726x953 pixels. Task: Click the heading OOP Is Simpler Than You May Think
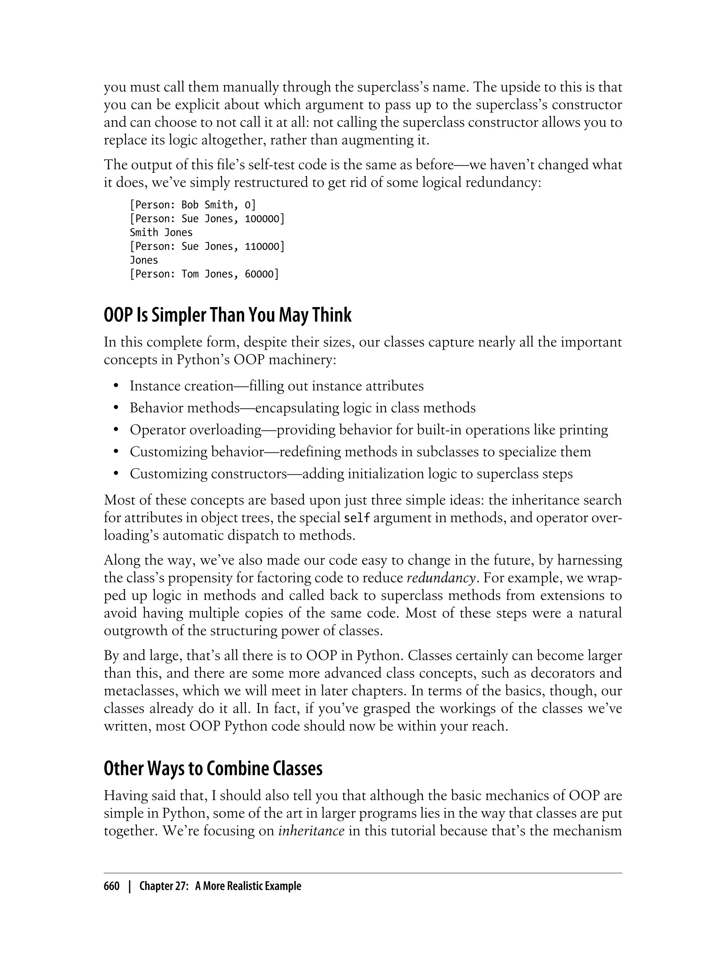click(227, 316)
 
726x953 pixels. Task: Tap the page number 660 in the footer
click(112, 886)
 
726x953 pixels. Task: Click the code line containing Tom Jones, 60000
click(204, 274)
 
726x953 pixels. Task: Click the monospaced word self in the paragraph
click(357, 518)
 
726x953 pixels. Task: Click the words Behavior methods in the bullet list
click(185, 408)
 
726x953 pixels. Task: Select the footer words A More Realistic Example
click(248, 886)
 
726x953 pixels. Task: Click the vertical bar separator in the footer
click(129, 886)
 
